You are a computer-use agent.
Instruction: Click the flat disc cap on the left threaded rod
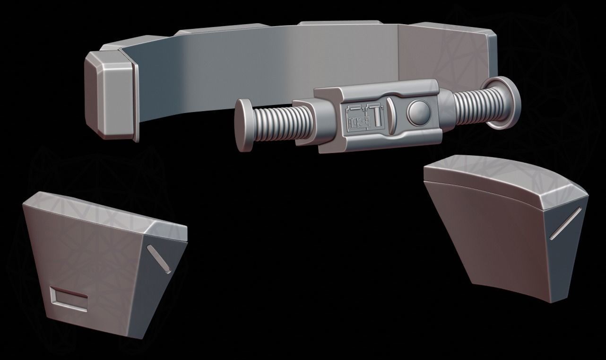coord(244,125)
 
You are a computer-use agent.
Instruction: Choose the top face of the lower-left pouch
coord(104,211)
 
